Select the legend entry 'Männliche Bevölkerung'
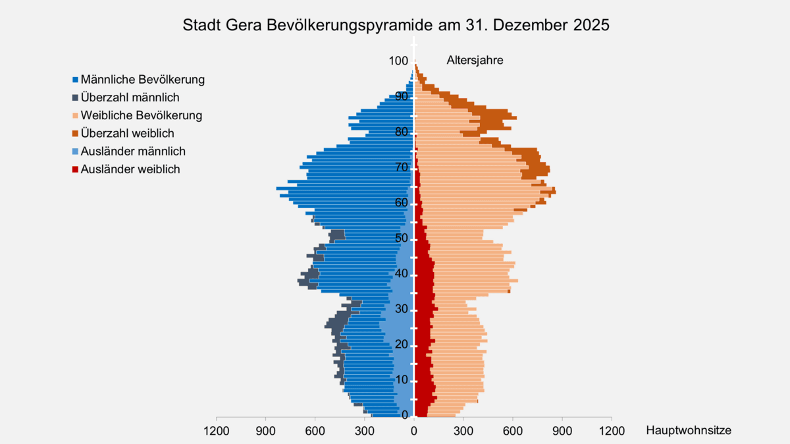pos(142,80)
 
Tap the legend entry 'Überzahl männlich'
pos(130,97)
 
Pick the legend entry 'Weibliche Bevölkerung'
pos(141,115)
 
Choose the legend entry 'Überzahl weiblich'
pos(127,133)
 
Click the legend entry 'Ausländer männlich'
pos(132,151)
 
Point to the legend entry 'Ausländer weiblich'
pos(130,169)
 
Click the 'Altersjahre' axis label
pos(475,60)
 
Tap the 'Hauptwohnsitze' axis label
pos(688,430)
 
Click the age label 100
pos(397,61)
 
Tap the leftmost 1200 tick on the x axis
pos(217,430)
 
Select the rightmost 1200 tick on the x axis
pos(611,430)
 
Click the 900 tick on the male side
pos(266,430)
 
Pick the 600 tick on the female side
pos(512,430)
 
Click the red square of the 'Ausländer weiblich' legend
pos(76,169)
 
